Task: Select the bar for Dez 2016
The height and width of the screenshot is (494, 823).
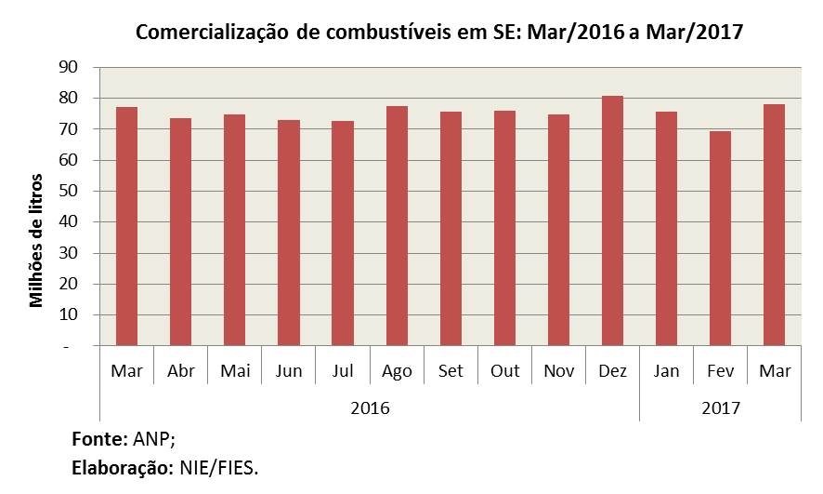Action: coord(612,220)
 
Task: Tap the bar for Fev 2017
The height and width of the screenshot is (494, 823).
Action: coord(720,238)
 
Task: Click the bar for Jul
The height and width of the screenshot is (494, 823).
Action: coord(343,233)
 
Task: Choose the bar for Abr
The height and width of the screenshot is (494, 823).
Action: coord(180,232)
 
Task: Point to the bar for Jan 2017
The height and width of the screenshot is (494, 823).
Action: coord(666,228)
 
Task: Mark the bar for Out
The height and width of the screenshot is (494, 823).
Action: coord(504,228)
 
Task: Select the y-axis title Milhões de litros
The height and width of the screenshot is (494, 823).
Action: coord(37,238)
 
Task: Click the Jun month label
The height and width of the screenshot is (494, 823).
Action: coord(289,371)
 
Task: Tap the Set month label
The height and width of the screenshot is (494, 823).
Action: coord(451,371)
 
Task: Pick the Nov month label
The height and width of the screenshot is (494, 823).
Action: coord(558,371)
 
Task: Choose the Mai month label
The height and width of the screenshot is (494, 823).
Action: coord(235,371)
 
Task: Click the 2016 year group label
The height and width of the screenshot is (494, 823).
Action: coord(370,407)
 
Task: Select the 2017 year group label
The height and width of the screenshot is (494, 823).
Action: coord(720,407)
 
